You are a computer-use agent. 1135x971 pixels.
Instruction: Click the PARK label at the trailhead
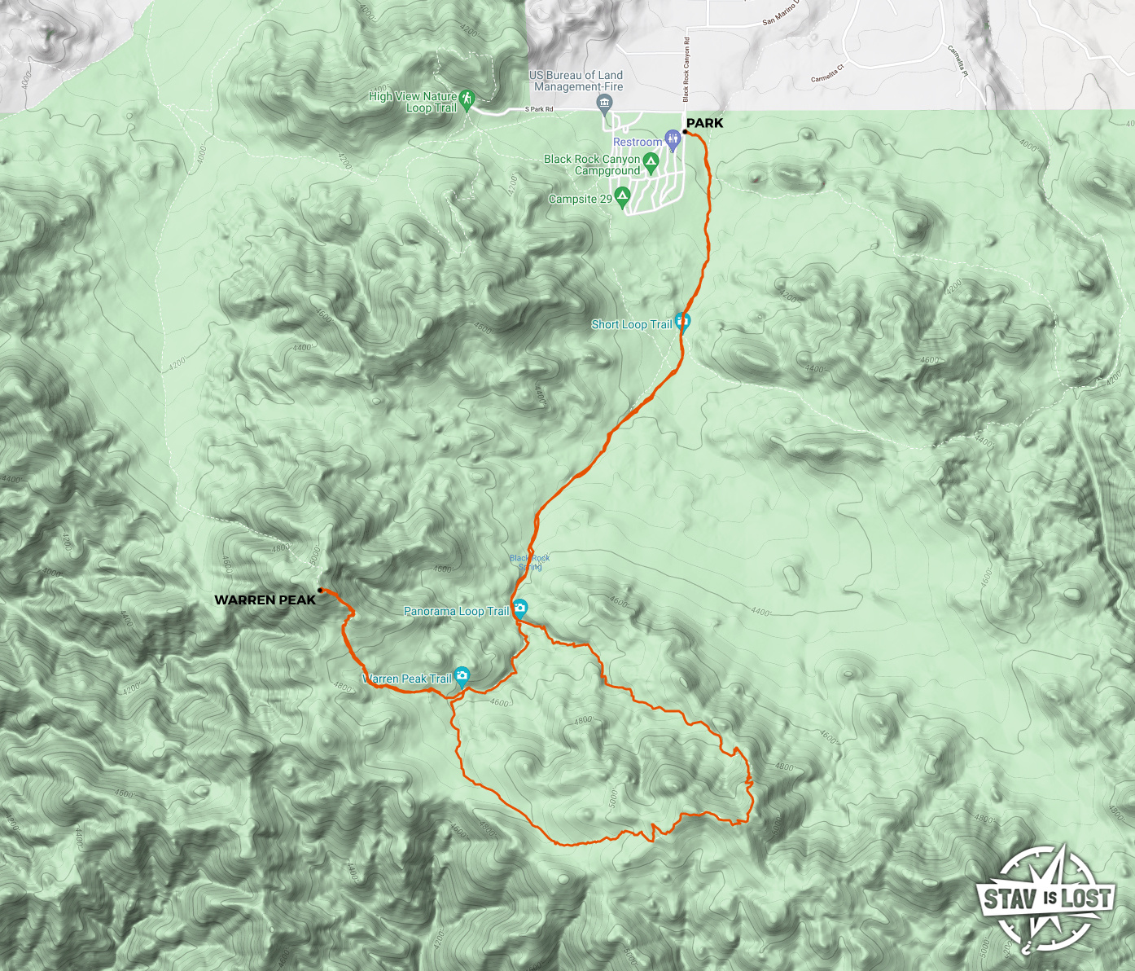[704, 123]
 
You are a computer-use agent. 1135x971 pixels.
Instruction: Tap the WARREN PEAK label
[265, 600]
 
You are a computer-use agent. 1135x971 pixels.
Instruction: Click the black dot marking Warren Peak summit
[320, 590]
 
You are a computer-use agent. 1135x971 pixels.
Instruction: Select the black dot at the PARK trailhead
[686, 132]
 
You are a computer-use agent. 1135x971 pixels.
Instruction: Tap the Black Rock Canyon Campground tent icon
[651, 161]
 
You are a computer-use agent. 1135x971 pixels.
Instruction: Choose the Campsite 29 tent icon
[622, 196]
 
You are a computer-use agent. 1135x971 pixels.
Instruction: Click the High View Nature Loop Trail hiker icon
[467, 99]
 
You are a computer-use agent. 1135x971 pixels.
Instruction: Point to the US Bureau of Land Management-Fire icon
[604, 103]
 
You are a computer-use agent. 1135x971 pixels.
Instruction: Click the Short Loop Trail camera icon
[682, 322]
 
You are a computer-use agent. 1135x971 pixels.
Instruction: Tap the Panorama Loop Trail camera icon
[519, 608]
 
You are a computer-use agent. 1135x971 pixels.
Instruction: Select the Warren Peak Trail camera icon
[462, 675]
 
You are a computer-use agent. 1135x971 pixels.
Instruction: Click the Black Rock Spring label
[529, 562]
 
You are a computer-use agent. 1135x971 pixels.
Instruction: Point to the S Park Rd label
[539, 109]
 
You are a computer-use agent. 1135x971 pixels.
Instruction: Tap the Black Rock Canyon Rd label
[686, 69]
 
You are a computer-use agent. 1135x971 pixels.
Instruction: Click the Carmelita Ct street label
[827, 73]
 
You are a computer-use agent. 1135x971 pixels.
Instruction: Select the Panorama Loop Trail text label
[456, 611]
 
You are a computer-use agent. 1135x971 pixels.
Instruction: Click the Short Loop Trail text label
[632, 324]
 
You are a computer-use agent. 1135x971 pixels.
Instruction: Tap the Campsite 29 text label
[580, 199]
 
